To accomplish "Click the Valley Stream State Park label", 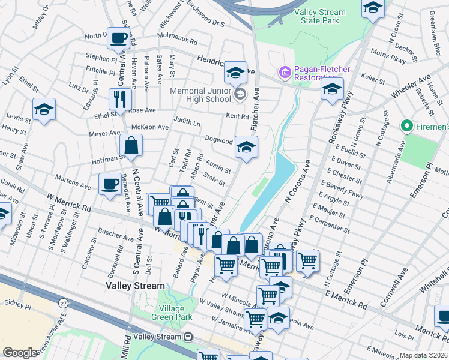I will tap(320, 16).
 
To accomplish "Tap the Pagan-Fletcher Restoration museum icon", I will tap(285, 73).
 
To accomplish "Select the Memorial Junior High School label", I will tap(200, 95).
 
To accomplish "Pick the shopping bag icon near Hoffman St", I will tap(131, 145).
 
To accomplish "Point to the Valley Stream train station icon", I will tap(188, 337).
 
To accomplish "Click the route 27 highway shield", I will tap(64, 304).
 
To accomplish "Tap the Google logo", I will tap(20, 353).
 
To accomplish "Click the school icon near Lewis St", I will tap(44, 110).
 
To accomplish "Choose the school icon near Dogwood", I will tap(246, 147).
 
